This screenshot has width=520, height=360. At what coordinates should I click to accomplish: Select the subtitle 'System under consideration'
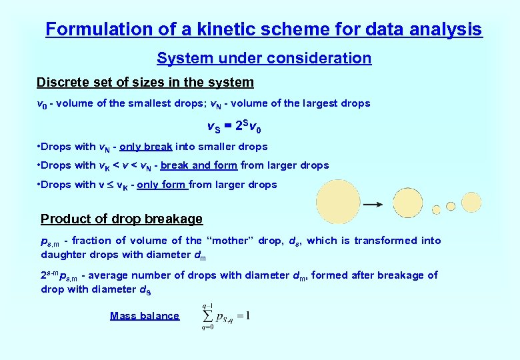(x=264, y=58)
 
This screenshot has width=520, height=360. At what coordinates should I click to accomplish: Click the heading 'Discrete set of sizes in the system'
(x=145, y=83)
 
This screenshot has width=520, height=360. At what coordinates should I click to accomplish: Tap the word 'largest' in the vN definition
(x=323, y=103)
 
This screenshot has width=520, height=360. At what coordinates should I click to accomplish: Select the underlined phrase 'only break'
(x=146, y=147)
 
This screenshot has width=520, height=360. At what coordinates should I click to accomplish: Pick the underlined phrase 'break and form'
(x=199, y=165)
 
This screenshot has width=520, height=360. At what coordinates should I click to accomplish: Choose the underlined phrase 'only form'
(x=162, y=185)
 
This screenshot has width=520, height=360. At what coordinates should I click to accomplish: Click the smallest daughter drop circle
(x=436, y=210)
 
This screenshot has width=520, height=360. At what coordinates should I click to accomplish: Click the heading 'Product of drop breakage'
(x=121, y=219)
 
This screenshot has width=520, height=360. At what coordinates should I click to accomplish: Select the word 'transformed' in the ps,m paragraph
(x=380, y=241)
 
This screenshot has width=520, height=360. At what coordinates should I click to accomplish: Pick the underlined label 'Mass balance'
(x=144, y=316)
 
